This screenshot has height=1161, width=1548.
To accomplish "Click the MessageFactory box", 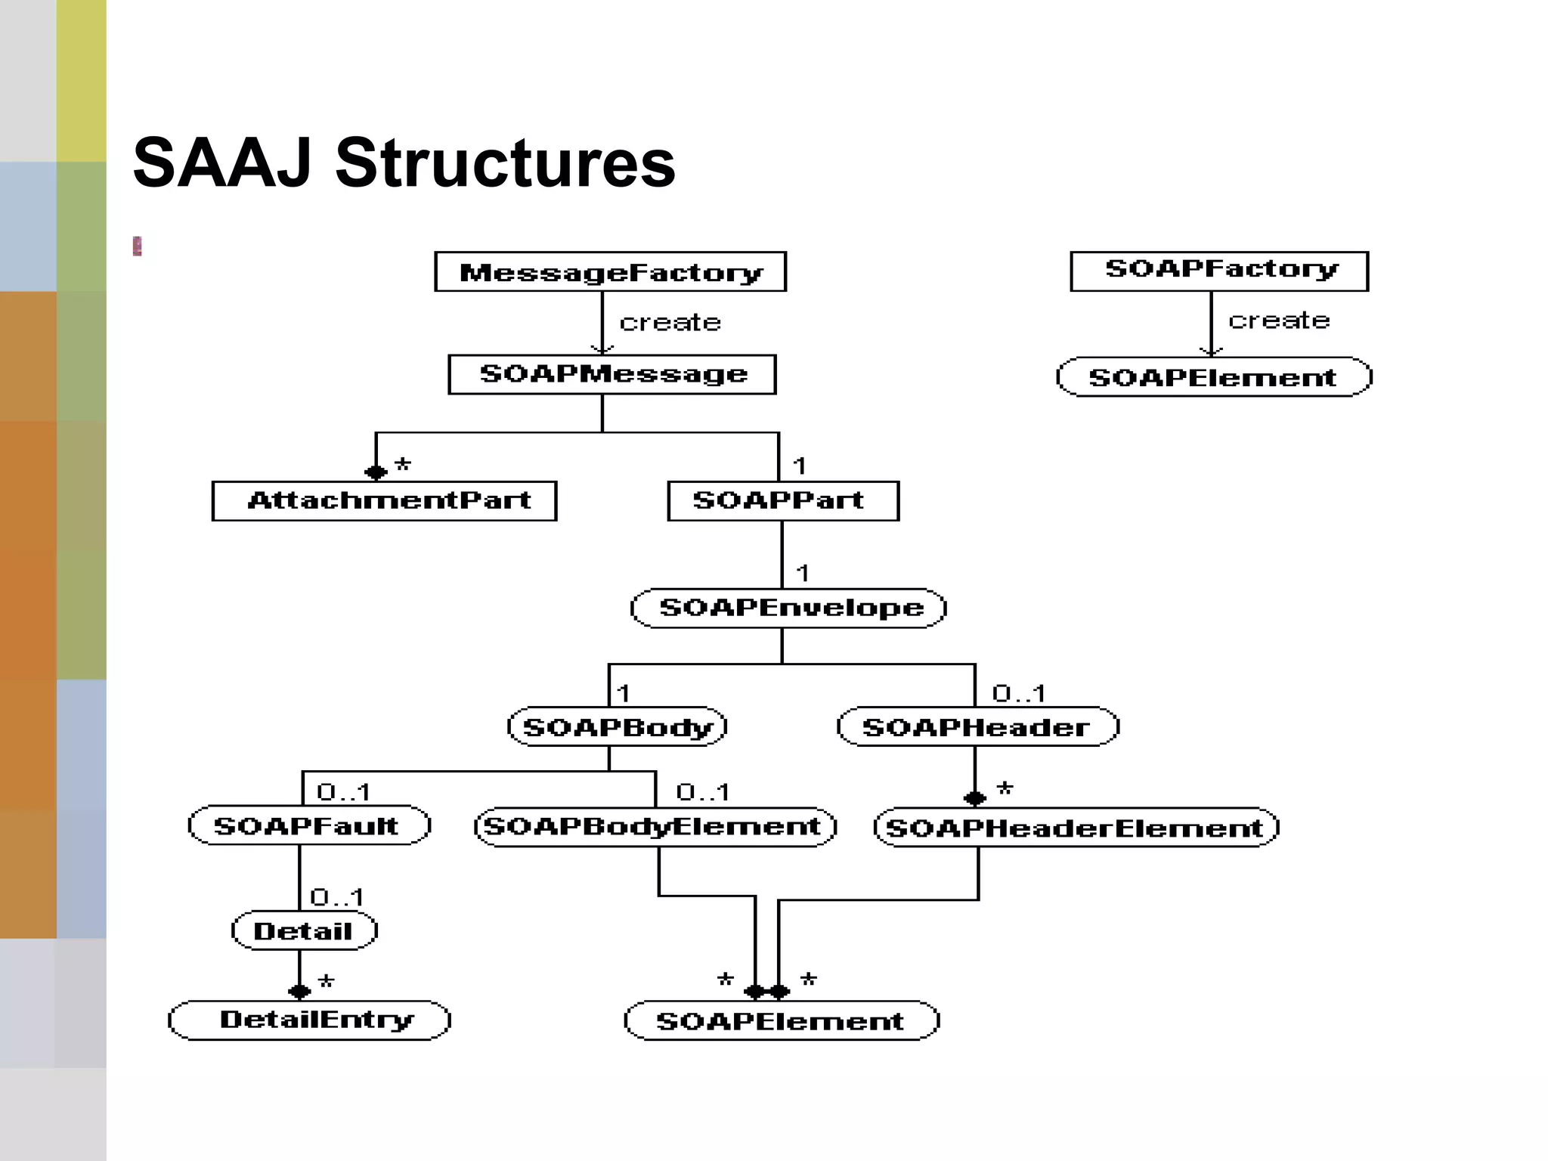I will pos(610,271).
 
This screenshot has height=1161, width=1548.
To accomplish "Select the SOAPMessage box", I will pos(611,374).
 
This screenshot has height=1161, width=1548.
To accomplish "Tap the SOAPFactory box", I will pos(1219,271).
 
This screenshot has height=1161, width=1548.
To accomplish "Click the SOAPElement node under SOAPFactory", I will pos(1213,377).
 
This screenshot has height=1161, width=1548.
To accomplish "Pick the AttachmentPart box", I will pos(384,500).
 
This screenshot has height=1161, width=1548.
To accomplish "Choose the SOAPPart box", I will pos(783,500).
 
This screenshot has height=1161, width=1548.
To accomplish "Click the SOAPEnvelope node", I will pos(788,608).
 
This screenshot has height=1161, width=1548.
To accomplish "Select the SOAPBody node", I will pos(617,727).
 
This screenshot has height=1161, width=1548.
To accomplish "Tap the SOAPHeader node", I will pos(977,727).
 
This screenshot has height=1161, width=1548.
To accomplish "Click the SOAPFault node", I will pos(308,825).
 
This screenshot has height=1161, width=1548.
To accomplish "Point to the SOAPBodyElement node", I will pos(655,826).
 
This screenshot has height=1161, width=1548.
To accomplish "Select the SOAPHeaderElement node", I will pos(1076,828).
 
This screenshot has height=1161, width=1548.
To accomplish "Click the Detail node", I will pos(304,930).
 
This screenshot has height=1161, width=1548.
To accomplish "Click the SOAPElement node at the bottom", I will pos(782,1020).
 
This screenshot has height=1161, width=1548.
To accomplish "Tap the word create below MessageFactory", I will pos(670,323).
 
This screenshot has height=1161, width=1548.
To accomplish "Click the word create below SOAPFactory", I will pos(1278,320).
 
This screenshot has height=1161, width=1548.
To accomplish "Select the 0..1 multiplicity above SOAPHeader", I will pos(1018,692).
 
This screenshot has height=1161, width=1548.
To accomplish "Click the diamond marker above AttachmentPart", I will pos(376,472).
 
